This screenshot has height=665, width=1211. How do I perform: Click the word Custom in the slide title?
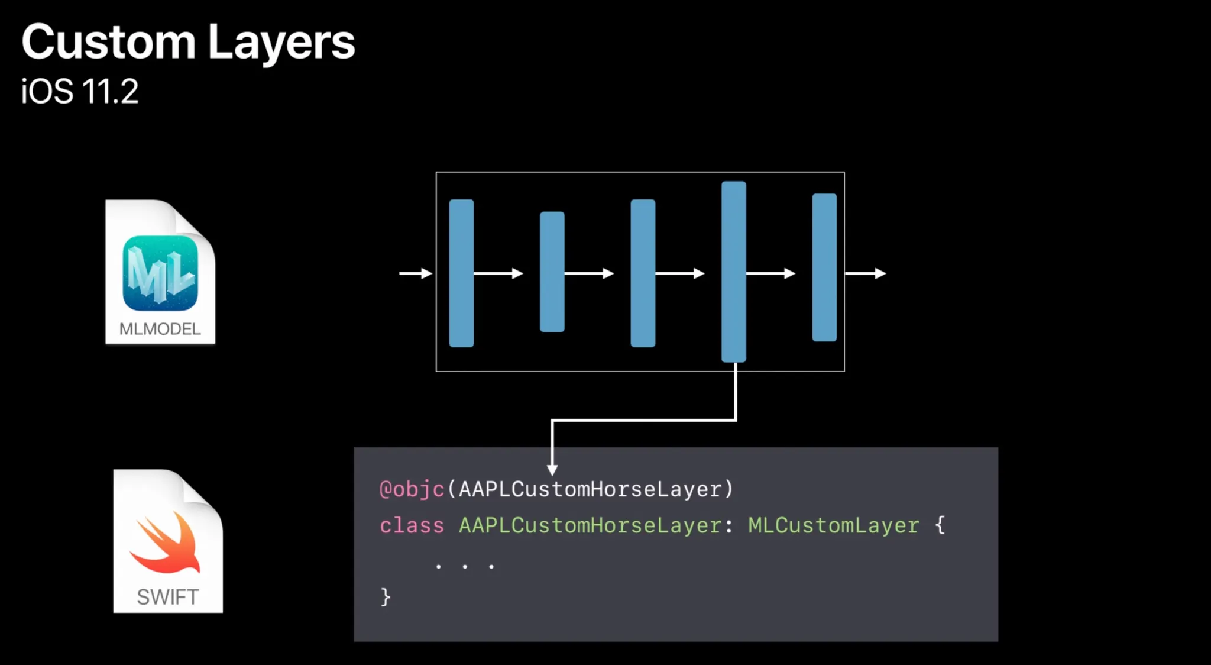tap(109, 42)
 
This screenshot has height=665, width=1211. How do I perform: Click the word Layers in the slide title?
tap(281, 42)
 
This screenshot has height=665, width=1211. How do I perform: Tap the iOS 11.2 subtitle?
tap(80, 92)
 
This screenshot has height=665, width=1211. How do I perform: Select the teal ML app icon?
tap(160, 273)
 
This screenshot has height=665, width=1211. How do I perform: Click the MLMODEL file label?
tap(160, 329)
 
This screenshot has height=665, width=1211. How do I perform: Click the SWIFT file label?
tap(168, 597)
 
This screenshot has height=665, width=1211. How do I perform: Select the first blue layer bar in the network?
tap(461, 273)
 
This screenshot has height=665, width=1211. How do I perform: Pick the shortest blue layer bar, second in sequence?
tap(552, 272)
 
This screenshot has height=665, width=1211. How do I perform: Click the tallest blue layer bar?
tap(733, 272)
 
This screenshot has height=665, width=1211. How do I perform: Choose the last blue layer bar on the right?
tap(824, 267)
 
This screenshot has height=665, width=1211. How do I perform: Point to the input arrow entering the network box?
tap(416, 273)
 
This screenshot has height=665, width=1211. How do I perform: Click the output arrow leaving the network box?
tap(866, 273)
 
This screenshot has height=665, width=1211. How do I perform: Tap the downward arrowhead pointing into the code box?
tap(552, 469)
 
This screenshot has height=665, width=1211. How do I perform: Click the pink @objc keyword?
tap(412, 489)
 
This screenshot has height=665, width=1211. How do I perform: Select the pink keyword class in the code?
tap(412, 525)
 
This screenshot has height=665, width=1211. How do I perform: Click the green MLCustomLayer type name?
tap(834, 525)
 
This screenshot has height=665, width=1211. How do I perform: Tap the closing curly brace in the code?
tap(386, 596)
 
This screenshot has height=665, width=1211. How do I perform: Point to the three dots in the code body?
tap(465, 566)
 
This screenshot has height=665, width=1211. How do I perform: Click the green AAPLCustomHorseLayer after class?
tap(590, 525)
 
